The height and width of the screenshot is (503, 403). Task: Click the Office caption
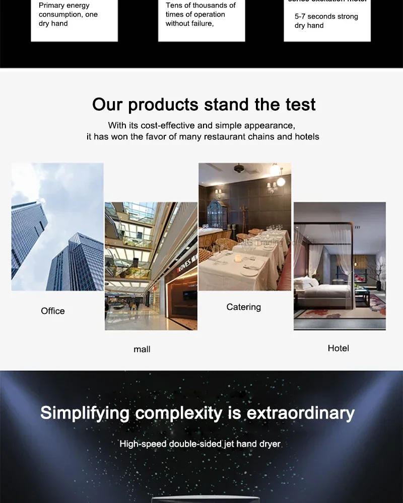click(x=53, y=311)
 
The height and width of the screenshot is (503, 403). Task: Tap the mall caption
click(x=142, y=349)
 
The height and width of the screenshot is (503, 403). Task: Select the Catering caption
click(x=244, y=307)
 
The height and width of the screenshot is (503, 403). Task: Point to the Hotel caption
click(x=338, y=348)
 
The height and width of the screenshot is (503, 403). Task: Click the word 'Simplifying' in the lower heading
click(x=85, y=413)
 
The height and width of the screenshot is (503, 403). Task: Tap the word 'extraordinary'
click(x=300, y=413)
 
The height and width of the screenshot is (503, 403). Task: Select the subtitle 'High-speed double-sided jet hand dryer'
click(x=200, y=444)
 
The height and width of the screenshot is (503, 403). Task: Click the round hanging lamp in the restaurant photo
click(x=281, y=181)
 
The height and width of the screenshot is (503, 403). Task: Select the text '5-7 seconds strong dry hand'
click(x=326, y=21)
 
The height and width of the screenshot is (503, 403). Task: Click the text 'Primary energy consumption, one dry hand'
click(x=68, y=15)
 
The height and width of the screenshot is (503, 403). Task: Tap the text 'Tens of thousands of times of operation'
click(x=200, y=10)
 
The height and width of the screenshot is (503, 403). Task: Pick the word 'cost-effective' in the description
click(x=161, y=126)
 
